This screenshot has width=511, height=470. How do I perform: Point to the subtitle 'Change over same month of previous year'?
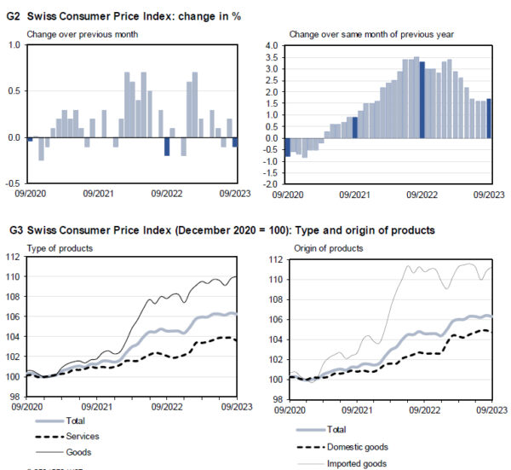tap(371, 34)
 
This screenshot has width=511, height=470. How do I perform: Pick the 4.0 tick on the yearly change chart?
tap(272, 45)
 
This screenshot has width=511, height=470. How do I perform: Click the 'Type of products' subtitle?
tap(61, 248)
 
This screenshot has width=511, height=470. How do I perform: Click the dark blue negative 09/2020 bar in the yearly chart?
tap(287, 147)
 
